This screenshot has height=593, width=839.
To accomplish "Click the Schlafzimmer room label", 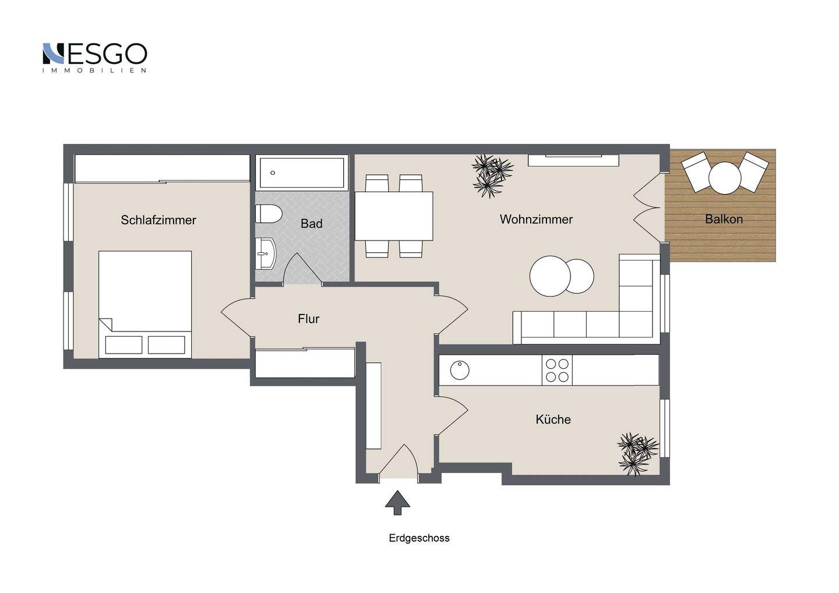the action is point(158,220).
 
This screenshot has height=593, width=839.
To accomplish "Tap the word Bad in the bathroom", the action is point(311,224).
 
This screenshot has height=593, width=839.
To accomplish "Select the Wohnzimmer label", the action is point(536,219).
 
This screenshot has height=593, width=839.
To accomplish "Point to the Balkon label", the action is point(724,219).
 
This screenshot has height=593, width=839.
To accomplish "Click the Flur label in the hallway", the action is point(308,319).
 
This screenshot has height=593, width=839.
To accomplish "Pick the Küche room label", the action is point(553,419).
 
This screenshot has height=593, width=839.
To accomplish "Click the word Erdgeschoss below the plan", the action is point(419,538).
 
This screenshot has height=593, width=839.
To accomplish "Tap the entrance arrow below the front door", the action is point(397,503).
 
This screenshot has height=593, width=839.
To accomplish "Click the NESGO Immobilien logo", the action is point(94,58).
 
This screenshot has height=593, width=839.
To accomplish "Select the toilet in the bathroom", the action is point(268,214).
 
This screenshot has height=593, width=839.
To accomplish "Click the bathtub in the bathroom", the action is point(302,172).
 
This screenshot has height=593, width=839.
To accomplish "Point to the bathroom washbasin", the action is point(266,253).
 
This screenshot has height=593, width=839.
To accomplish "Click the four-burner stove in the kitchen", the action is point(557,370).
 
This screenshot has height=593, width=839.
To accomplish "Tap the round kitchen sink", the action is point(460,370).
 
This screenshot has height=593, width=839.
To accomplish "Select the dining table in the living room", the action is point(394,216).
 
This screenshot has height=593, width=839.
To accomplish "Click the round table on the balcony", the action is point(725,178).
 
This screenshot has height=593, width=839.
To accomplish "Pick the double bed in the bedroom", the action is point(145,304).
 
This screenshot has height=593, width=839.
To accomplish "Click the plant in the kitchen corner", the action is point(637,454).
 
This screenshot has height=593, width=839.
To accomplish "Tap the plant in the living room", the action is point(492,176).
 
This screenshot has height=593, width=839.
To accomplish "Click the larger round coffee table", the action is point(550,276).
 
